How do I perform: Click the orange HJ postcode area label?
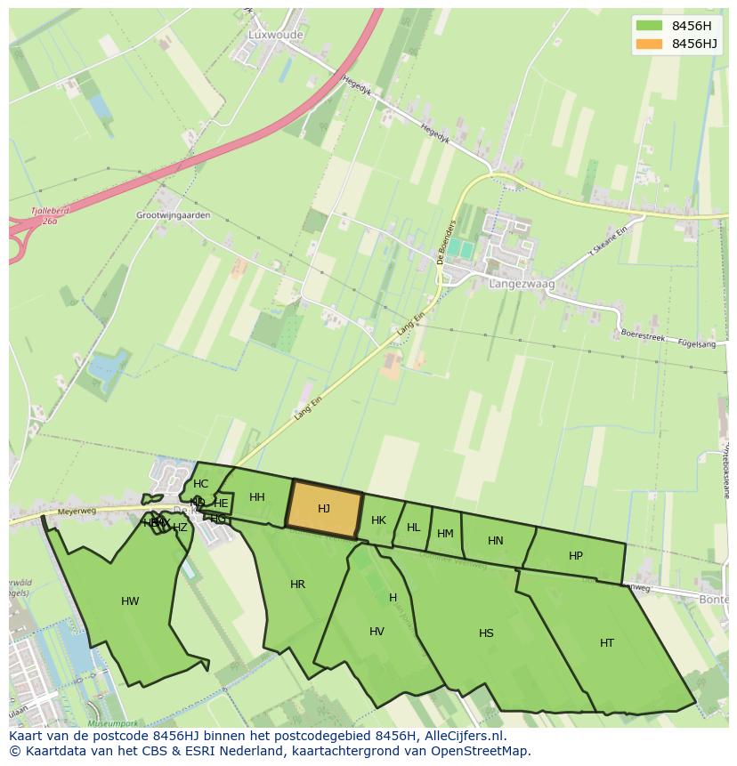pos(324,509)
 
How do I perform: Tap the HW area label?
pos(130,601)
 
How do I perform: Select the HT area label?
pos(607,642)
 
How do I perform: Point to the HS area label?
pos(486,633)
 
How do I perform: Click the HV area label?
pos(377,632)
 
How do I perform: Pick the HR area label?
pos(297,585)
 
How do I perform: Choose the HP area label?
pos(576,556)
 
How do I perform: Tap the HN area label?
pos(496,540)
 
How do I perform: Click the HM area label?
pos(445,534)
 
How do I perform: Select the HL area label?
pos(413,528)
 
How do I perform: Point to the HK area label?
pos(378,520)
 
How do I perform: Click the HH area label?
pos(257,497)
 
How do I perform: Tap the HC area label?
pos(200,484)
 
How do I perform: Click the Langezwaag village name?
pos(522,284)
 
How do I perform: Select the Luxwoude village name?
pos(275,35)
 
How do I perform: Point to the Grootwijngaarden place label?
pos(174,215)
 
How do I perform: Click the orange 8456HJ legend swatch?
pos(650,44)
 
